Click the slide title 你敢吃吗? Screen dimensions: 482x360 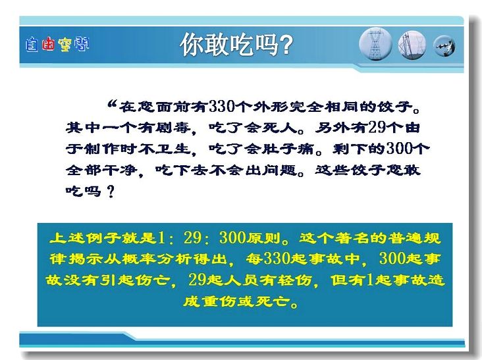pos(236,45)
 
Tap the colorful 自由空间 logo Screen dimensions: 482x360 pos(57,45)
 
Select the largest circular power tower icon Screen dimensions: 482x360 pos(375,44)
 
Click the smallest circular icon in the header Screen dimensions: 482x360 pos(444,46)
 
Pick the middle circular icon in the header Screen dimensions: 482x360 pos(412,45)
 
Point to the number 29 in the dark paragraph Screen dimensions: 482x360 pos(377,127)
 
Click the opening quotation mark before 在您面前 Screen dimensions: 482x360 pos(112,104)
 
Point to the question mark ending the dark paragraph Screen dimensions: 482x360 pos(111,192)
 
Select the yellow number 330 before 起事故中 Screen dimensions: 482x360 pos(277,259)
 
